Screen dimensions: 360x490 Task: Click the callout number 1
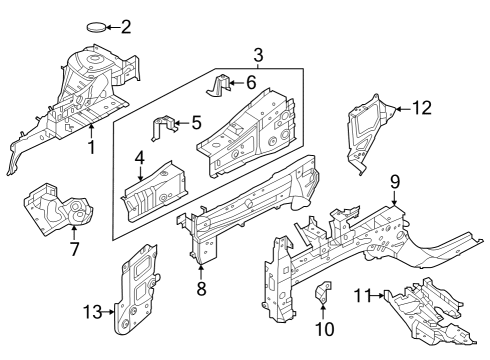coord(91,149)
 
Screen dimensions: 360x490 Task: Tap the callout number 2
coord(126,27)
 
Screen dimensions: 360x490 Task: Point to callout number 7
coord(73,247)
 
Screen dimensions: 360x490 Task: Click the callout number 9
coord(395,181)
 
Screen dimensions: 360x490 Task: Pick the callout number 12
coord(422,107)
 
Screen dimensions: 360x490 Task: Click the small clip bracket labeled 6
coord(222,84)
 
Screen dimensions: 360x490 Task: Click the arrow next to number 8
coord(202,273)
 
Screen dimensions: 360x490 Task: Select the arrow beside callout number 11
coord(380,295)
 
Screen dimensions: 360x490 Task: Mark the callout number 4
coord(140,157)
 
